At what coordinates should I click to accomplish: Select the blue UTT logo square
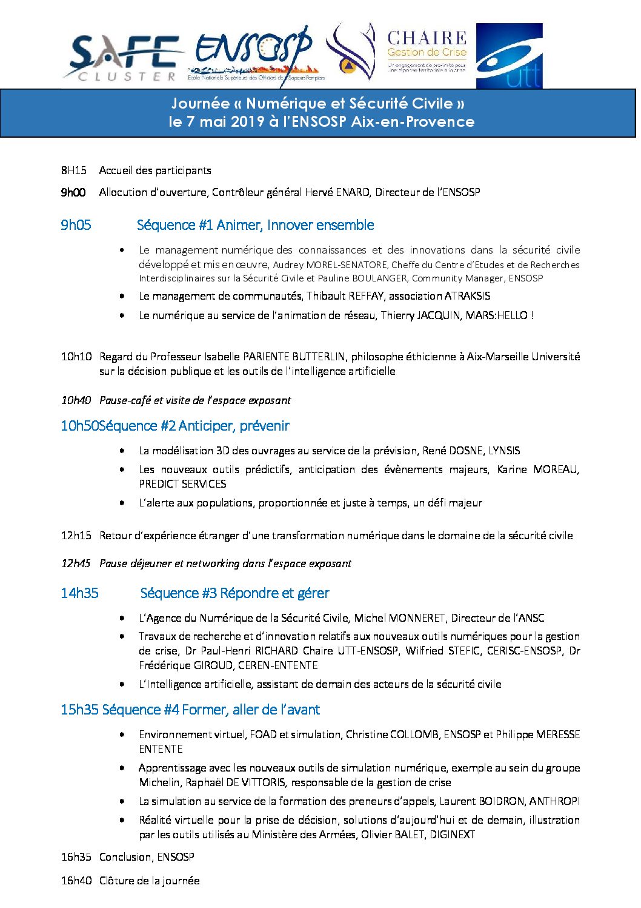509,56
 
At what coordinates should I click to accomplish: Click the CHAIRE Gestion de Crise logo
427,52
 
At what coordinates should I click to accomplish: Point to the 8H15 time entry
73,170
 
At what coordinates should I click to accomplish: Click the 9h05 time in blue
76,225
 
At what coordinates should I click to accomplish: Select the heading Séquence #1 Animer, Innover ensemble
255,225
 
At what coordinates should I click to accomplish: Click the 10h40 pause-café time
76,400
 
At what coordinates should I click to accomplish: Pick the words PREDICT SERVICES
182,484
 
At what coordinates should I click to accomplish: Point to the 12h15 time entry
76,536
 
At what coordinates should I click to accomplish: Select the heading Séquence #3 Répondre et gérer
234,593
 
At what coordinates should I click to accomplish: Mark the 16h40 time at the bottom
76,881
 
